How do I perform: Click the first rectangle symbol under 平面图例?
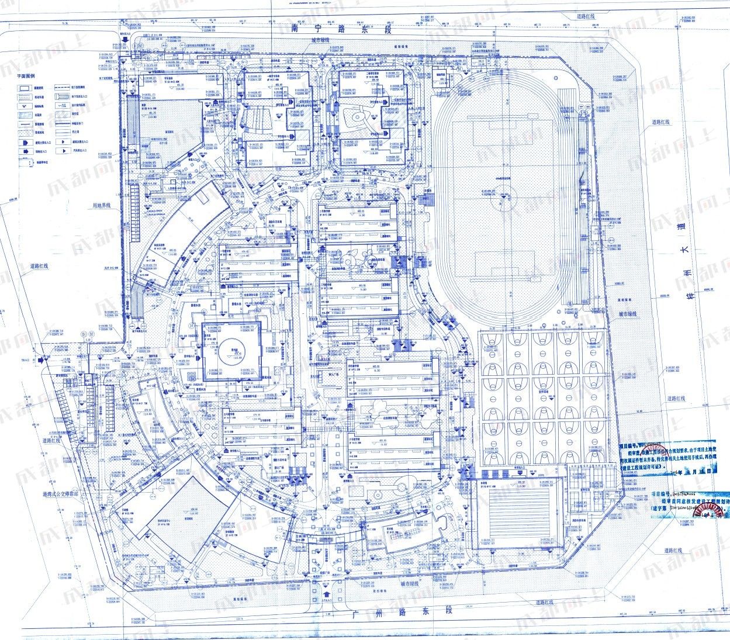tap(23, 87)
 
